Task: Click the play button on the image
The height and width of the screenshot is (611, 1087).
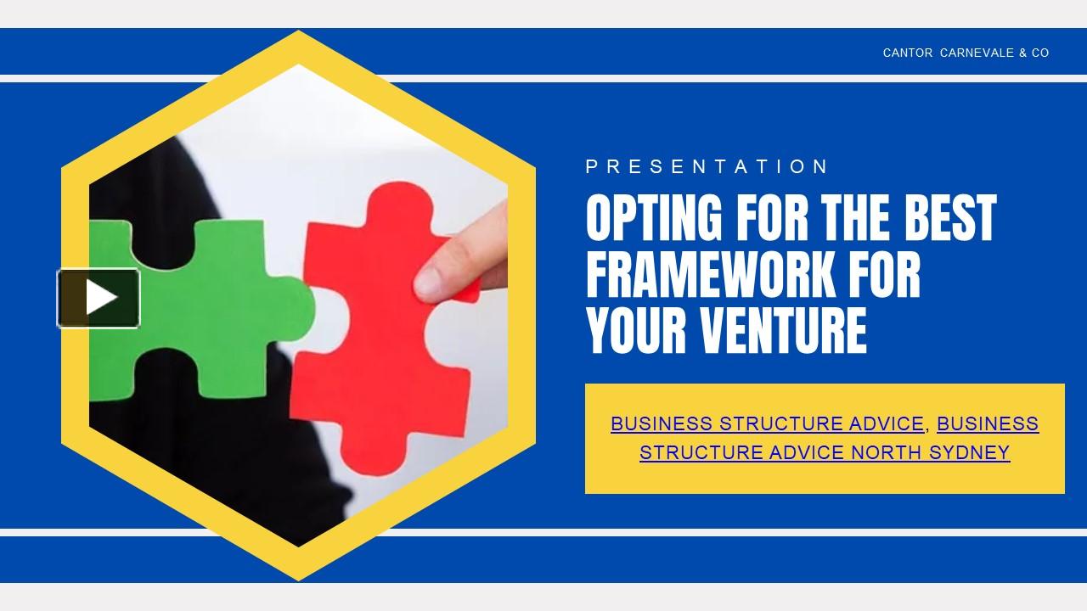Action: pos(99,298)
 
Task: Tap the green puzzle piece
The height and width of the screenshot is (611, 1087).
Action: pos(204,305)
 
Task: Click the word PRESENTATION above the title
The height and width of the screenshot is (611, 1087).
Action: pos(707,167)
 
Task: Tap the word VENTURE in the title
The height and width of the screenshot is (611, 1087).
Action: pos(785,330)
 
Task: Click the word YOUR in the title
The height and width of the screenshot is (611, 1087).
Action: pos(636,330)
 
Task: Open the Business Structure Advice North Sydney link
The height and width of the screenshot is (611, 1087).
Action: pos(825,452)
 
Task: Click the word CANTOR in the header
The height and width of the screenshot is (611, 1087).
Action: pos(908,53)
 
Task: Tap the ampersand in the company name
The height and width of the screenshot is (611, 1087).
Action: pos(1022,53)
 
